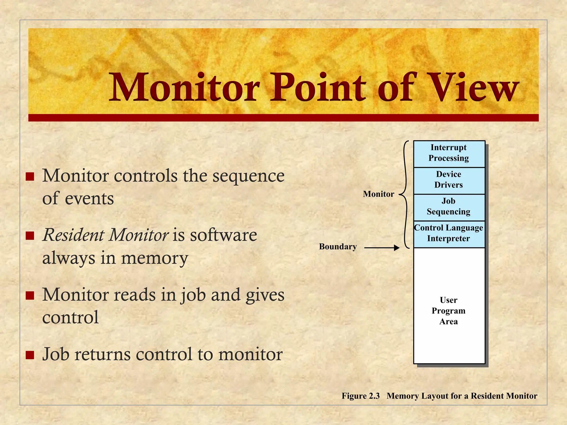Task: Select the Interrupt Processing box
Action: pyautogui.click(x=449, y=153)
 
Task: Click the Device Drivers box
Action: pyautogui.click(x=449, y=180)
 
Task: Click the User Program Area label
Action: pyautogui.click(x=449, y=311)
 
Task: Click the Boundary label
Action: pyautogui.click(x=338, y=247)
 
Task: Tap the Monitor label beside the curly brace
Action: pyautogui.click(x=378, y=194)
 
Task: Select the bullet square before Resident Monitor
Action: pyautogui.click(x=30, y=236)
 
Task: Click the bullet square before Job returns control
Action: pyautogui.click(x=30, y=355)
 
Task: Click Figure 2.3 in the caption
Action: pyautogui.click(x=360, y=396)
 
